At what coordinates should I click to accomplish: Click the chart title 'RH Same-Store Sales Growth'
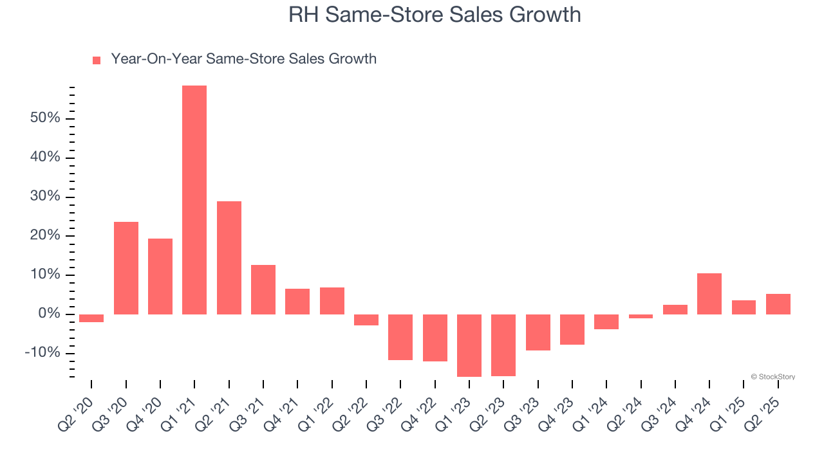[435, 15]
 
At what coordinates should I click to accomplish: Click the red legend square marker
[97, 60]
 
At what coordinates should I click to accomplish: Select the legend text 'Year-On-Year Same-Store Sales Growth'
[243, 59]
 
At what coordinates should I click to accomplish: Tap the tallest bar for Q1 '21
[194, 199]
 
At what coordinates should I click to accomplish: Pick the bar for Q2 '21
[229, 257]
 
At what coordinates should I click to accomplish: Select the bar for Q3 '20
[126, 268]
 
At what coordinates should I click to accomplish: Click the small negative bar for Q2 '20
[91, 318]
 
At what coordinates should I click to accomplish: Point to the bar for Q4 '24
[709, 293]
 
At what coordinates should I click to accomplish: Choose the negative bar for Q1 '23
[469, 345]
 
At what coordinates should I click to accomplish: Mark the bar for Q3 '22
[400, 337]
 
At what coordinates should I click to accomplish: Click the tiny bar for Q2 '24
[641, 316]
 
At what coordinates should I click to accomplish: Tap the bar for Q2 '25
[778, 304]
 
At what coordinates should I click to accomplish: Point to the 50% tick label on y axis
[44, 118]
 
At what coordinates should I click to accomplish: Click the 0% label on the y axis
[48, 314]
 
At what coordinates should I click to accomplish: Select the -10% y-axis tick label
[42, 353]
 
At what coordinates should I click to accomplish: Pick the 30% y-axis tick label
[44, 197]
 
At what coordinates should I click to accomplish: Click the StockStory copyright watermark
[772, 377]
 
